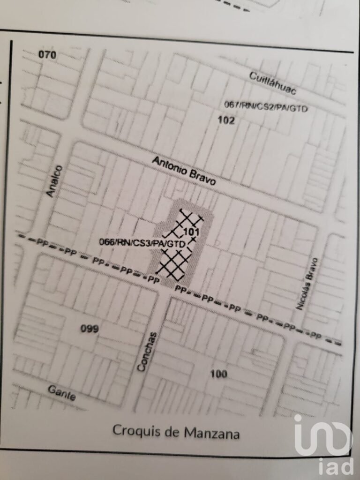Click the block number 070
(x=47, y=55)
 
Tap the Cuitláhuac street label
(x=272, y=83)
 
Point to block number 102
(x=226, y=120)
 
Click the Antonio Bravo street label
(x=184, y=171)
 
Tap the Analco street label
(x=55, y=181)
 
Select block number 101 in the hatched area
(x=192, y=232)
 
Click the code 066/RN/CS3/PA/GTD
(x=142, y=242)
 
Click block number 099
(x=89, y=329)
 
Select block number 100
(x=218, y=374)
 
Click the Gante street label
(x=62, y=392)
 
